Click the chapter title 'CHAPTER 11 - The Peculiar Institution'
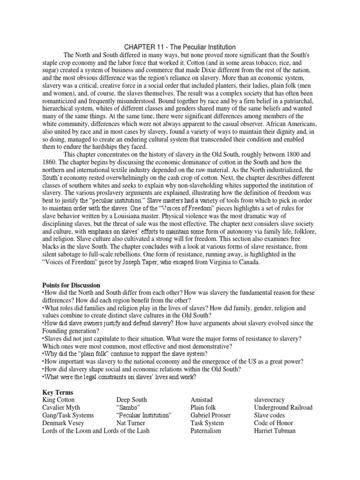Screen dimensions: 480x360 coord(180,47)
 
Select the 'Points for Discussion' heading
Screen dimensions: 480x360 coord(71,285)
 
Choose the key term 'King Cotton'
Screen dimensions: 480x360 coord(58,400)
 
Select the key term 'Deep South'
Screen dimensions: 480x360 coord(132,400)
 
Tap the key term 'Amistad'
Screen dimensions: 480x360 coord(202,400)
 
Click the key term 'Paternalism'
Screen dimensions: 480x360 coord(206,430)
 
